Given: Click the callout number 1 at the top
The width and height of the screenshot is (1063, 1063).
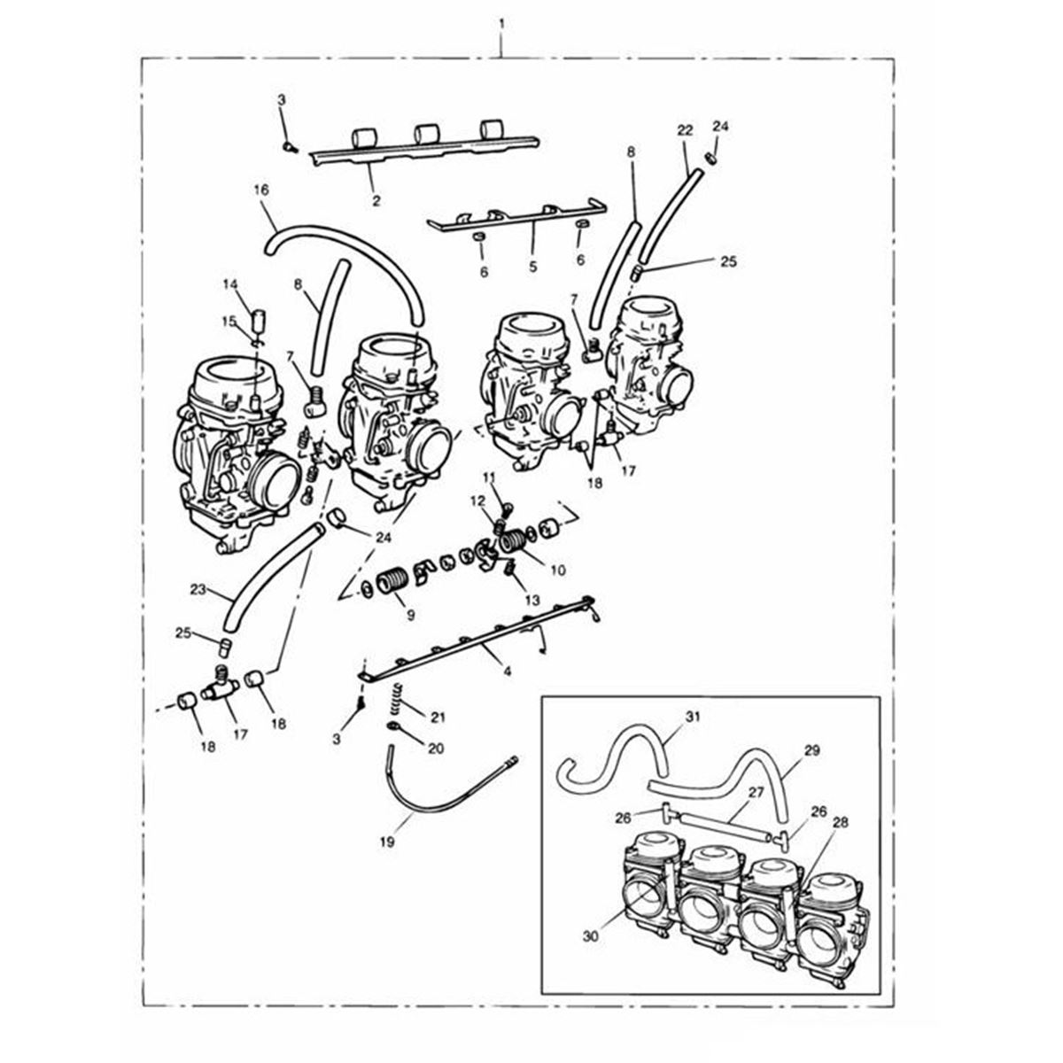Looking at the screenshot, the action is pyautogui.click(x=501, y=26).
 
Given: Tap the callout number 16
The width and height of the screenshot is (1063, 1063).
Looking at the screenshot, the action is pyautogui.click(x=261, y=190).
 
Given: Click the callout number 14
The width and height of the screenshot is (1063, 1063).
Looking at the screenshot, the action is pyautogui.click(x=230, y=284).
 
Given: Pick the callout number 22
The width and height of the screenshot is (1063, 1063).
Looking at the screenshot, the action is pyautogui.click(x=685, y=131).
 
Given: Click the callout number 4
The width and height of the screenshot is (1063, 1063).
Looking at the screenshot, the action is pyautogui.click(x=508, y=671).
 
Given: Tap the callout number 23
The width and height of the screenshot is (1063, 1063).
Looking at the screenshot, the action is pyautogui.click(x=198, y=590).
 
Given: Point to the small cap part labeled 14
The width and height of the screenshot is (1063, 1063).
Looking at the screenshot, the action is pyautogui.click(x=258, y=320).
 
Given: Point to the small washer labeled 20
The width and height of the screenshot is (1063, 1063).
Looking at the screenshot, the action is pyautogui.click(x=392, y=725).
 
